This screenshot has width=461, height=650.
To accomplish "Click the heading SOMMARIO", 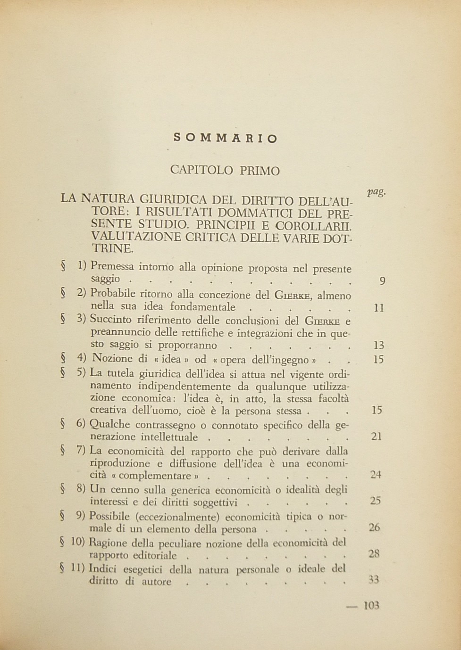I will (x=226, y=138).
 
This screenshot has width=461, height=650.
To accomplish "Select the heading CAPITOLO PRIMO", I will (x=225, y=170).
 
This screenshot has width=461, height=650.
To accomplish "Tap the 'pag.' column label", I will (x=376, y=192).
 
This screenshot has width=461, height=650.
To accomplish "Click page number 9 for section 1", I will (x=382, y=281).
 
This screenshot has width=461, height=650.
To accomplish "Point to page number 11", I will (x=378, y=308).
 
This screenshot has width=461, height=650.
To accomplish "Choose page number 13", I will (x=378, y=345).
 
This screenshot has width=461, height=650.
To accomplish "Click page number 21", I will (x=377, y=436).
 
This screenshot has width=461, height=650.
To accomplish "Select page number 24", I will (x=376, y=475).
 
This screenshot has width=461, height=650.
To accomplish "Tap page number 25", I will (x=376, y=501).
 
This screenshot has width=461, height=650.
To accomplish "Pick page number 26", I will (x=375, y=527).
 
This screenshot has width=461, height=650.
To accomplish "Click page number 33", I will (x=374, y=580).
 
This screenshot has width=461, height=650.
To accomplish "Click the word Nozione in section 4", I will (x=112, y=358).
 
